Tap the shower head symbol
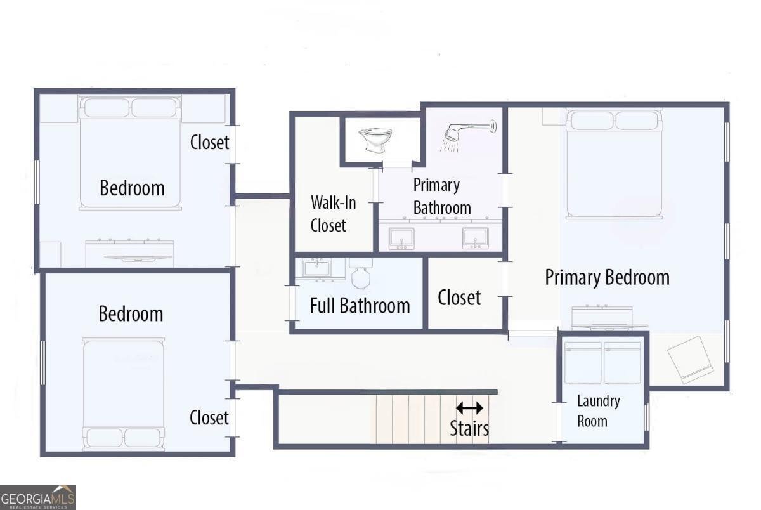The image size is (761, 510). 469,135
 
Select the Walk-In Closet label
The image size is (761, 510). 333,214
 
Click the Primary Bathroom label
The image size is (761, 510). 442,196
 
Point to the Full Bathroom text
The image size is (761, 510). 360,306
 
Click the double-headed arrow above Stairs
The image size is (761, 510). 469,408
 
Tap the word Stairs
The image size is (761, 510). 469,428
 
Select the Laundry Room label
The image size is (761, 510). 597,411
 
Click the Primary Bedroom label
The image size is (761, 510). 607,277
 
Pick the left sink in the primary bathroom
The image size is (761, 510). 401,238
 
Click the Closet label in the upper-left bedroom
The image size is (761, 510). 209,142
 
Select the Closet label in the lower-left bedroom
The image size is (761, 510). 209,417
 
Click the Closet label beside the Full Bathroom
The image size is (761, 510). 459,297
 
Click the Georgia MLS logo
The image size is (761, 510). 38,497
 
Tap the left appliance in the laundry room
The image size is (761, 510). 583,363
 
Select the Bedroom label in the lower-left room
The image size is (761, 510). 131,313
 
